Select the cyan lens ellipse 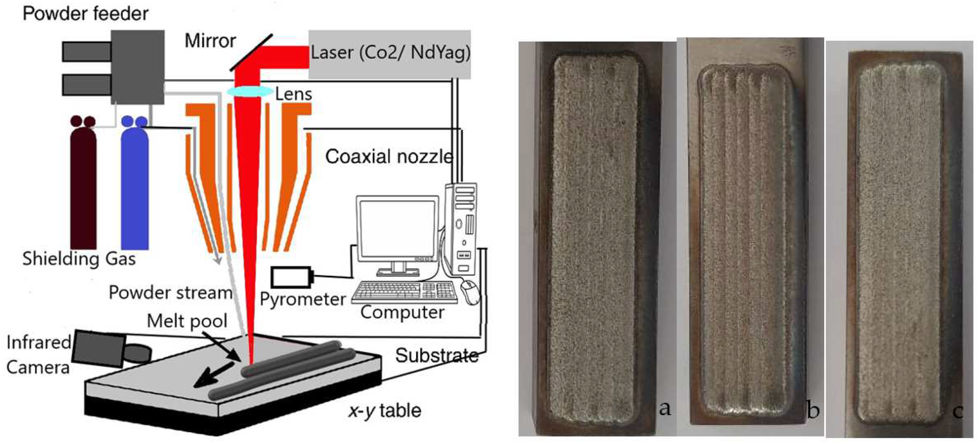pyautogui.click(x=249, y=91)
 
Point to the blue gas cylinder pyautogui.click(x=135, y=186)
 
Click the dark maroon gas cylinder pyautogui.click(x=83, y=186)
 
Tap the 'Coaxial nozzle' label pyautogui.click(x=389, y=156)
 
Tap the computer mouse pyautogui.click(x=470, y=291)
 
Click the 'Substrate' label pyautogui.click(x=436, y=356)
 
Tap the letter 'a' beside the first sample pyautogui.click(x=665, y=409)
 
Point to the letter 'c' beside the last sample pyautogui.click(x=957, y=411)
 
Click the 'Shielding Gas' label pyautogui.click(x=79, y=259)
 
